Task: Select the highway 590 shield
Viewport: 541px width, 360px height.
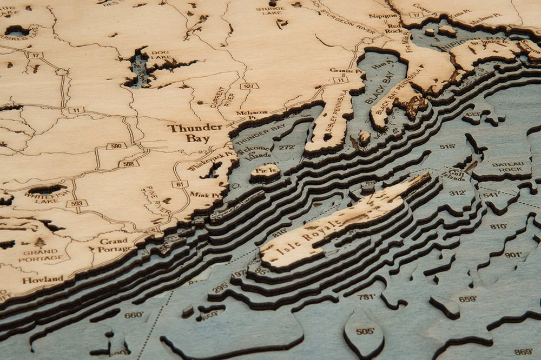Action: (116, 146)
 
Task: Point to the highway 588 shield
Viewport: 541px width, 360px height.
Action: (129, 163)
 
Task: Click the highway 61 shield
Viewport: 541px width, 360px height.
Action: (180, 184)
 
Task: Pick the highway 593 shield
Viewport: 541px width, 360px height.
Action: (76, 203)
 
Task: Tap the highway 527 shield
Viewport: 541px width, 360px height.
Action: (249, 86)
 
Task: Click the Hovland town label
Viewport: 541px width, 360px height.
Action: (42, 280)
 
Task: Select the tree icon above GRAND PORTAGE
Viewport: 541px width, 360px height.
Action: (40, 242)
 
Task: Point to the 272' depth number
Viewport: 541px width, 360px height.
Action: (286, 147)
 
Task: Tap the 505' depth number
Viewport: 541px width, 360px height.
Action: (365, 331)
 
